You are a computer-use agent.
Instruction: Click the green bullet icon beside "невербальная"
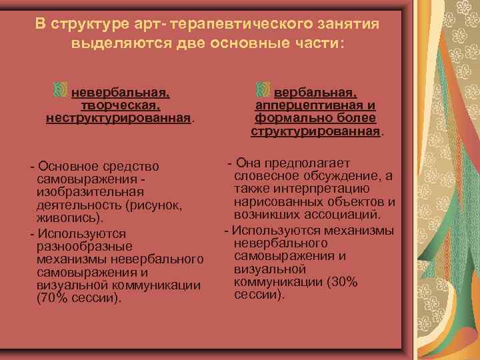[60, 90]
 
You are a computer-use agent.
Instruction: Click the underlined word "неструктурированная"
[119, 118]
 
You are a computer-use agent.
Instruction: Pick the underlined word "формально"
[287, 118]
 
